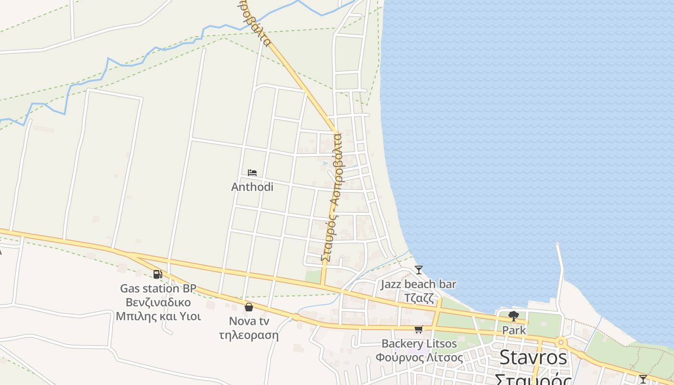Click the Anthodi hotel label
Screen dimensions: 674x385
click(252, 187)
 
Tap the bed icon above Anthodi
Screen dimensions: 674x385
click(252, 172)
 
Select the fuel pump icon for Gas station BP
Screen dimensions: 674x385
click(157, 274)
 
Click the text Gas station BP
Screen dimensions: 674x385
click(158, 288)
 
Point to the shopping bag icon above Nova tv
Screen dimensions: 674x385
click(249, 307)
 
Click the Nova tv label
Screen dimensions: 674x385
click(249, 321)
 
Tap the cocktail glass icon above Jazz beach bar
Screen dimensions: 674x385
click(419, 270)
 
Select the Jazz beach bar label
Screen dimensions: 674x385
click(418, 284)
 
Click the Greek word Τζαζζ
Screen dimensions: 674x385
click(418, 297)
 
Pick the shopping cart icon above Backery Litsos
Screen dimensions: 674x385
click(418, 330)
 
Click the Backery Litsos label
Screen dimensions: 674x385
click(419, 344)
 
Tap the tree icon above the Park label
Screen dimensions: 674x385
click(514, 316)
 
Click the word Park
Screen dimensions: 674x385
click(514, 331)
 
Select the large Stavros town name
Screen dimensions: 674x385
click(533, 358)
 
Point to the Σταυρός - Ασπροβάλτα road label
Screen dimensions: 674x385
click(332, 197)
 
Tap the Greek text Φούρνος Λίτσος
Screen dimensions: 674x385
click(419, 358)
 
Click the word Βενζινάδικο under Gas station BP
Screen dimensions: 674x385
click(158, 302)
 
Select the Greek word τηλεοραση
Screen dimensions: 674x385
click(248, 335)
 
